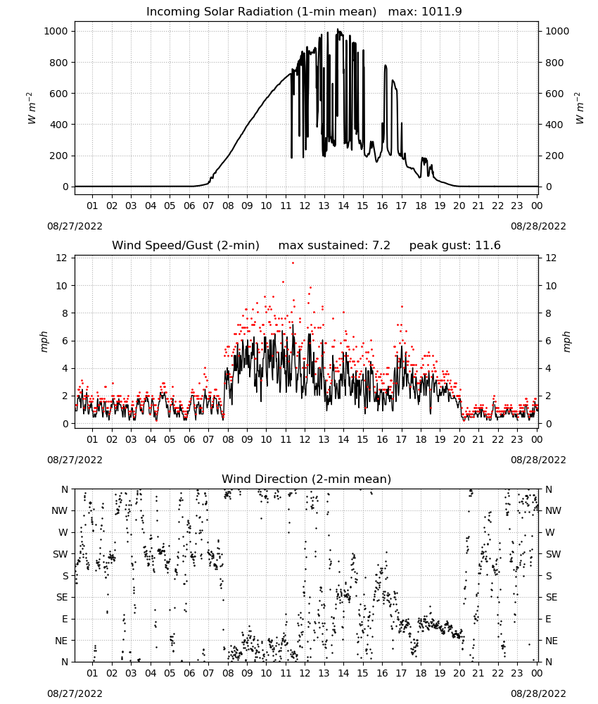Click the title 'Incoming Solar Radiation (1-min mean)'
coord(261,12)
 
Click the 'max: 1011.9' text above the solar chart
coord(425,12)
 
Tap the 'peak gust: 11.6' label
coord(455,246)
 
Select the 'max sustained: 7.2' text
coord(334,246)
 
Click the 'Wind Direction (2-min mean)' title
coord(307,479)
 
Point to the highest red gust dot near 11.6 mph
coord(293,263)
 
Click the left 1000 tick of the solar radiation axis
coord(56,31)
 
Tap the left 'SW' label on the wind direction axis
coord(61,554)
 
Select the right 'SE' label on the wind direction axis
coord(552,597)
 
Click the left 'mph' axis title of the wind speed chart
coord(44,341)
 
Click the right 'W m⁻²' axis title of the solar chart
coord(579,108)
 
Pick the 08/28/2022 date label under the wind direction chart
coord(538,693)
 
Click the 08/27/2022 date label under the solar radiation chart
coord(75,226)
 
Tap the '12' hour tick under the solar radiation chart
coord(305,206)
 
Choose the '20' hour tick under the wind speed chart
coord(459,439)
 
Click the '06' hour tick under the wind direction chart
coord(189,673)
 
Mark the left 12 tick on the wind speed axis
coord(61,258)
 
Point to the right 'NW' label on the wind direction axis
coord(554,510)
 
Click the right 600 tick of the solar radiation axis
coord(554,94)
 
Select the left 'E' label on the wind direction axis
coord(65,619)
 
